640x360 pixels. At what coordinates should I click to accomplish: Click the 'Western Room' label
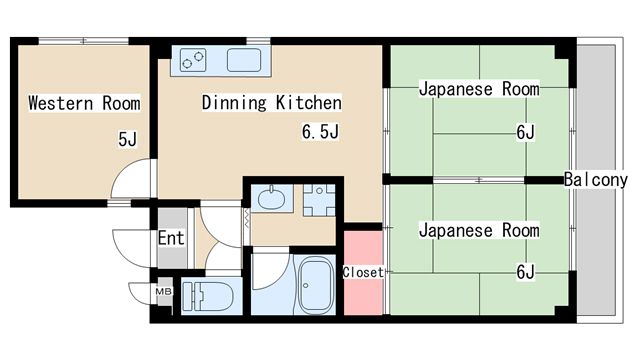tap(83, 103)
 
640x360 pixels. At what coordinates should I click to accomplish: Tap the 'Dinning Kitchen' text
tap(272, 103)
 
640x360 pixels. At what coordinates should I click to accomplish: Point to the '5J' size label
tap(127, 140)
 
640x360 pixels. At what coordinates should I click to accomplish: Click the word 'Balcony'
tap(595, 180)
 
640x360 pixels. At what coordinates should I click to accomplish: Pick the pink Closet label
tap(363, 272)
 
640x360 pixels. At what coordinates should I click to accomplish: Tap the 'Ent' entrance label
tap(171, 239)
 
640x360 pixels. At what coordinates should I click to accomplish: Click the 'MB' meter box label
tap(162, 293)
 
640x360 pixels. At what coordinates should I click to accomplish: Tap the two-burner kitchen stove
tap(194, 61)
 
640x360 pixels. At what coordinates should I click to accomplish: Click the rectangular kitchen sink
tap(244, 61)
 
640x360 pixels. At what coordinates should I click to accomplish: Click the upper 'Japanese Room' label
tap(478, 89)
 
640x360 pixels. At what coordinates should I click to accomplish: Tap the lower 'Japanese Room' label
tap(478, 231)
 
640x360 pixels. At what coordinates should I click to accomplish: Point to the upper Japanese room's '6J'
tap(526, 131)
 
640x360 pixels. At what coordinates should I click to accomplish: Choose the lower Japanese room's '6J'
tap(526, 272)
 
